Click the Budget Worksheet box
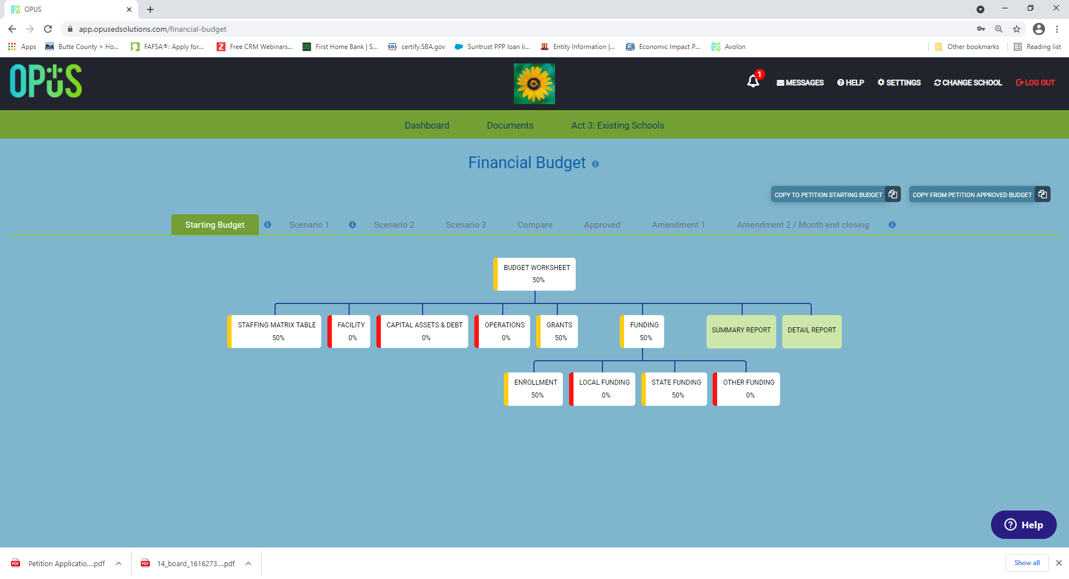534,274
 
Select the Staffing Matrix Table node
274,331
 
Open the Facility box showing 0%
349,331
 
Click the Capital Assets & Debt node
423,331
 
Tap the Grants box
557,331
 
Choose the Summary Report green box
741,331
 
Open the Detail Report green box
812,331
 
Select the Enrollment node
533,389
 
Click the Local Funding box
602,389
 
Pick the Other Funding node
747,389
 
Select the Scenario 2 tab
394,225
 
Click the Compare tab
535,225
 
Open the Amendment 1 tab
678,225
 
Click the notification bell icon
753,81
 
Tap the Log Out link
1036,82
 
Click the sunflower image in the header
534,84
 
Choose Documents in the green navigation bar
510,125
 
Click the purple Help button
1023,524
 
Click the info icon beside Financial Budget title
595,164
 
